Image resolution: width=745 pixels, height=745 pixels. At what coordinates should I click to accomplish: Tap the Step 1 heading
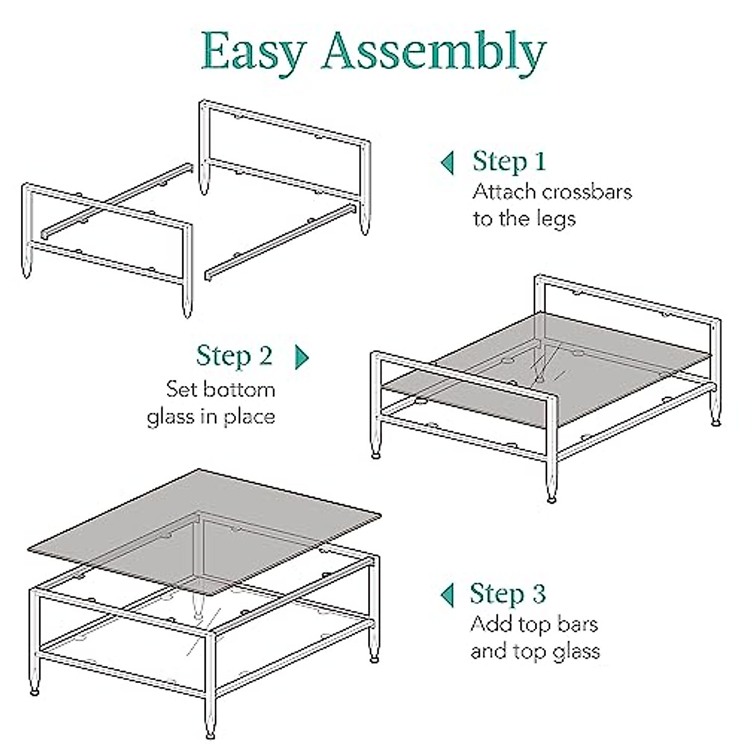tap(508, 161)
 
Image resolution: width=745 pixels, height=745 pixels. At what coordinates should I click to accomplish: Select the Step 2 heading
tap(234, 356)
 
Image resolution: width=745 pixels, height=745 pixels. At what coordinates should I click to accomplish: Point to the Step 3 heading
tap(507, 594)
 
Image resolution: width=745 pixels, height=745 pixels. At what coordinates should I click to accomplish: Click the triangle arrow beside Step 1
tap(447, 163)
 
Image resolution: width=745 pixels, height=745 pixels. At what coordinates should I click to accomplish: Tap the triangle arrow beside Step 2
tap(302, 356)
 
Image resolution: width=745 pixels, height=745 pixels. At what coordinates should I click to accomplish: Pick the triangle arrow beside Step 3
tap(447, 595)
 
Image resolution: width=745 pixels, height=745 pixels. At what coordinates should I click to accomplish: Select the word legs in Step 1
tap(554, 219)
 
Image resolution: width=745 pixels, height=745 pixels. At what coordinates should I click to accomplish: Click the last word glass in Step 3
tap(573, 651)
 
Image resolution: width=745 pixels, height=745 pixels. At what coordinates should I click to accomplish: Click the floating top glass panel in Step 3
tap(205, 515)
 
